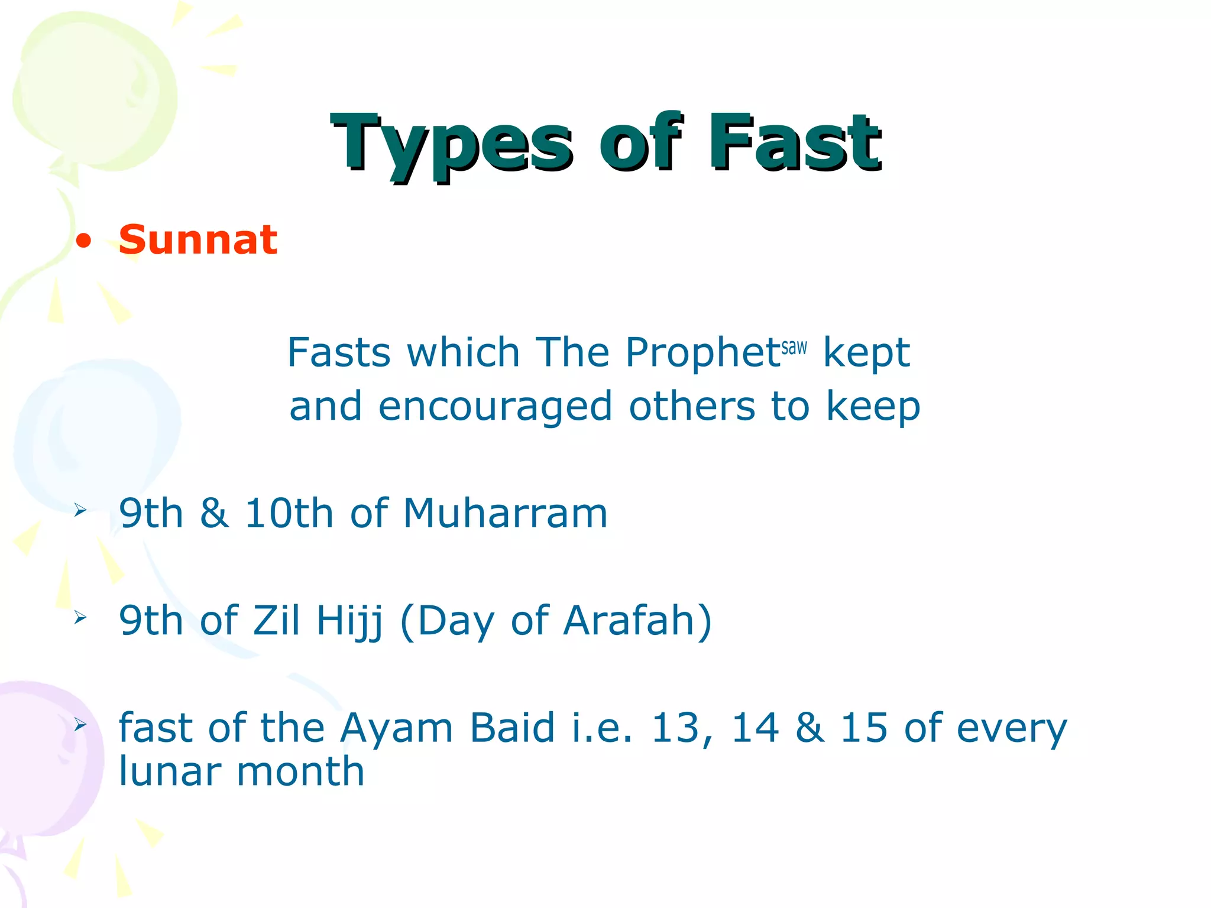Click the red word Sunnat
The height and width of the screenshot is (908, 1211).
[x=197, y=240]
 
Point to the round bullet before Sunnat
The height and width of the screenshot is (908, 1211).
[x=84, y=241]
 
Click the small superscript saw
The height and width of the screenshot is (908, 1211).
[x=794, y=347]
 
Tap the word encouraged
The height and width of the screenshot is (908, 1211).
[x=495, y=407]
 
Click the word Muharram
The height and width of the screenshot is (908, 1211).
[x=505, y=513]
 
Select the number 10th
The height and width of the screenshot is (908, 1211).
[x=289, y=513]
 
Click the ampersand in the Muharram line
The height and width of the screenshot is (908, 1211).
[x=213, y=513]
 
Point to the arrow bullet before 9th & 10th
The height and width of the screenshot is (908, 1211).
[x=80, y=510]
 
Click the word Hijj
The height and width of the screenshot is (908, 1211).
[x=350, y=621]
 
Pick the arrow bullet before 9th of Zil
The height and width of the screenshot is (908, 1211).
[x=80, y=618]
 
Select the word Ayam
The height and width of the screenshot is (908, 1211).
[x=396, y=728]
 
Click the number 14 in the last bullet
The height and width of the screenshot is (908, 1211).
[x=755, y=728]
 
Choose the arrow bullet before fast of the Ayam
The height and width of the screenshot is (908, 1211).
[x=80, y=725]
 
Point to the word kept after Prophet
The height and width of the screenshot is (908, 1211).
[x=866, y=353]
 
